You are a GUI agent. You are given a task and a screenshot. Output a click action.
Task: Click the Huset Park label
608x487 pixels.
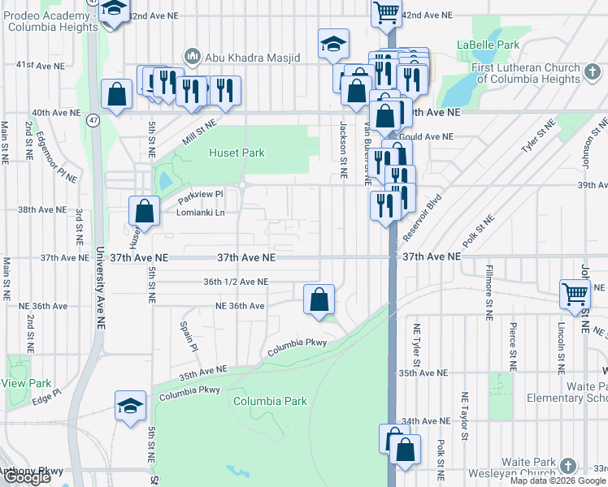[x=237, y=153]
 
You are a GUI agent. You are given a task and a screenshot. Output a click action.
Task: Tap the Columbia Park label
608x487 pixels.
[x=270, y=401]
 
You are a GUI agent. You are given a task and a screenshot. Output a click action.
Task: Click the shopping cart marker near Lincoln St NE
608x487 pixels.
[x=575, y=294]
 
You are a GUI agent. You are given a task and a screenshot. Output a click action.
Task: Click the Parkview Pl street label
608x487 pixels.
[x=200, y=195]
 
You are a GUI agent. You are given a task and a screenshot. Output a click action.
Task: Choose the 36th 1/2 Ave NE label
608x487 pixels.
[x=235, y=282]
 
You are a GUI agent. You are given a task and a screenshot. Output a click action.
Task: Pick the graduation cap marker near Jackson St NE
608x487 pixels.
[x=333, y=44]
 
